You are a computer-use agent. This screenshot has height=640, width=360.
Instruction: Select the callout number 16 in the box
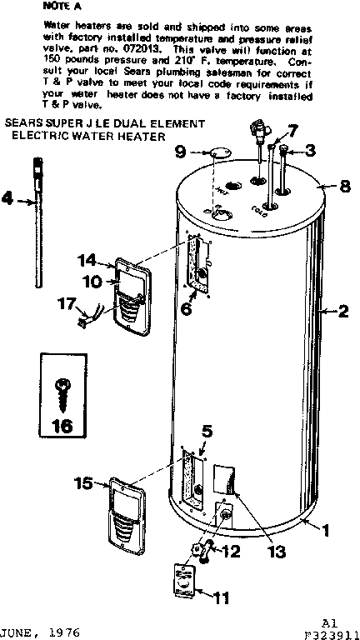pos(63,426)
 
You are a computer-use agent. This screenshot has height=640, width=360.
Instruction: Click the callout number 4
pos(8,199)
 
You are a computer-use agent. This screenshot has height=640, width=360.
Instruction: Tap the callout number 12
pos(232,550)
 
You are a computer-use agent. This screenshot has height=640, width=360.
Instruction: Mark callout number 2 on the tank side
pos(342,312)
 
